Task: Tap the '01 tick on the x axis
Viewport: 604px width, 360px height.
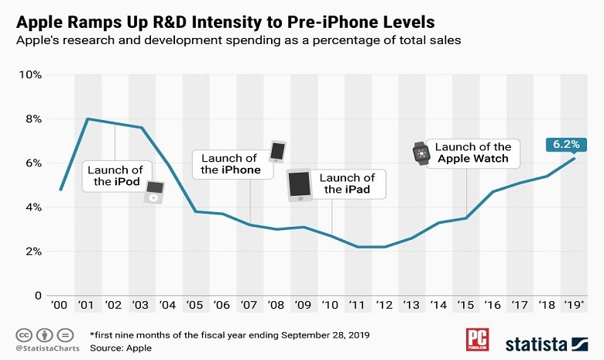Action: pyautogui.click(x=87, y=305)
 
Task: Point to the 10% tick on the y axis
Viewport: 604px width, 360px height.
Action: pyautogui.click(x=30, y=75)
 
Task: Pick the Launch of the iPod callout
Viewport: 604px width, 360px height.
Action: pyautogui.click(x=115, y=177)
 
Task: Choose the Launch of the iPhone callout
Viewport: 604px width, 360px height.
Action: pyautogui.click(x=230, y=164)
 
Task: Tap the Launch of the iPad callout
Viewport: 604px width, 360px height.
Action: pyautogui.click(x=346, y=183)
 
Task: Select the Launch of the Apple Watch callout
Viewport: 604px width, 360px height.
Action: pyautogui.click(x=473, y=153)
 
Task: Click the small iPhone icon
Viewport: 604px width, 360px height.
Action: pyautogui.click(x=277, y=151)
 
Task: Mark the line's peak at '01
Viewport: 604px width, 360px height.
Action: pyautogui.click(x=88, y=118)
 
